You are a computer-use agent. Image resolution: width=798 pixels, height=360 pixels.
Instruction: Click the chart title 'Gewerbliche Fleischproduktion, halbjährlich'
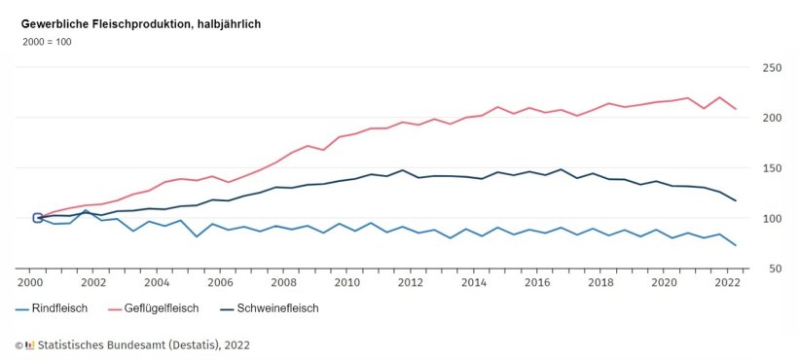pos(141,23)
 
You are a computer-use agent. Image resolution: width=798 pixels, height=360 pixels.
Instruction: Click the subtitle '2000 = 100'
pos(47,42)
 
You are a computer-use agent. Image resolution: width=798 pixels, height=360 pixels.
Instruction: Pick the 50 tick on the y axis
pos(772,269)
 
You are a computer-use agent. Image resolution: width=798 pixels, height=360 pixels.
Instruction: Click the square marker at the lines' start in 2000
pos(38,218)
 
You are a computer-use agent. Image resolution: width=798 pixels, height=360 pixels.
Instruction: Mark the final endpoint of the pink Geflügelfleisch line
pos(735,109)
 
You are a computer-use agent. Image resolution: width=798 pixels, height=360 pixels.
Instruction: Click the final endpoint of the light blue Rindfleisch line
pos(735,245)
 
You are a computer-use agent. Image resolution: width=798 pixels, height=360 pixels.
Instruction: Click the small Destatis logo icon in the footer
pos(30,344)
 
